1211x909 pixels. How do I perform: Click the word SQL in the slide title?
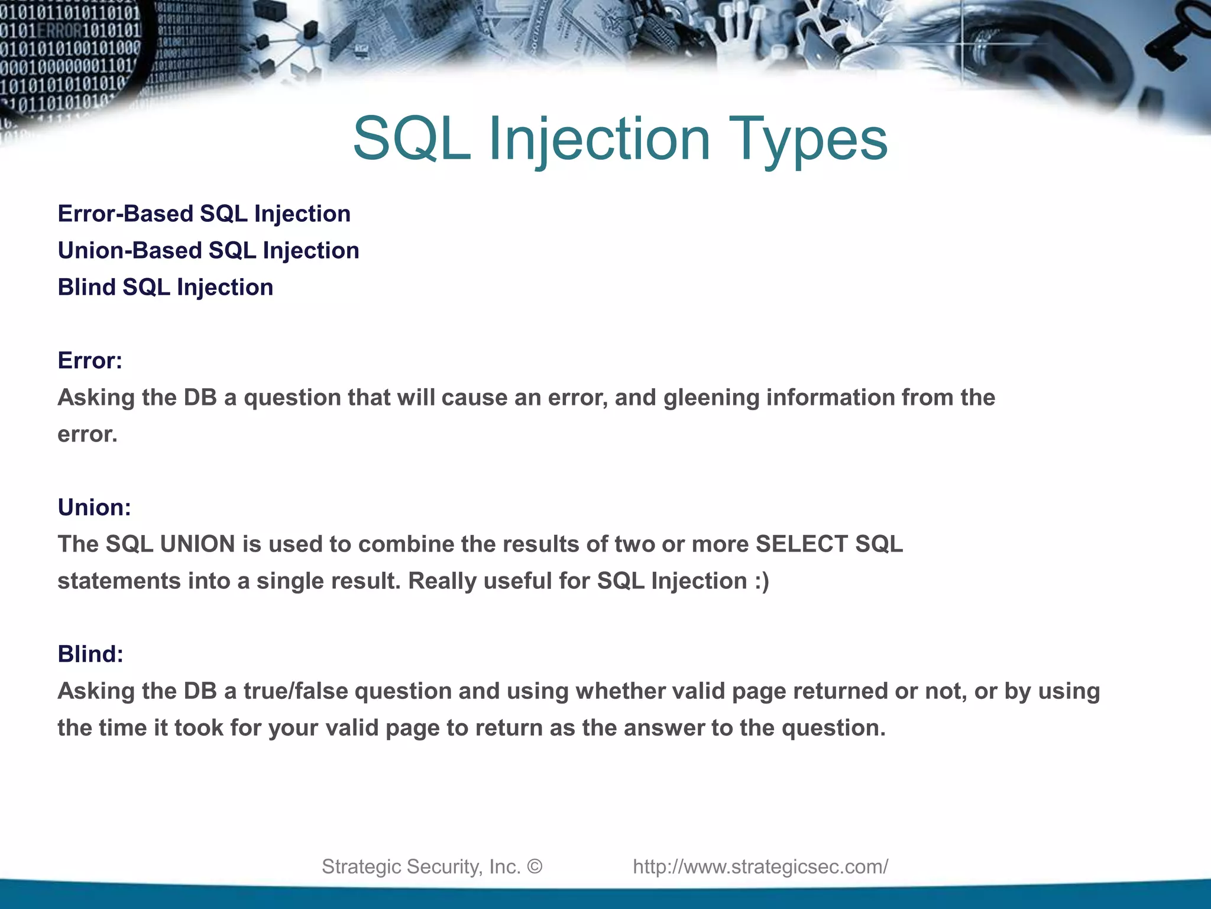click(412, 139)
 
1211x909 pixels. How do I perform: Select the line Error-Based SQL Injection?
click(204, 214)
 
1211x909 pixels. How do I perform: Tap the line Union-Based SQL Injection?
click(208, 250)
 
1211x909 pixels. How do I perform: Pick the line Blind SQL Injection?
click(165, 287)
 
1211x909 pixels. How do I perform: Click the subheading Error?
click(90, 360)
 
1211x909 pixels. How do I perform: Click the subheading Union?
click(94, 507)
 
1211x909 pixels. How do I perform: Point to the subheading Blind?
click(90, 654)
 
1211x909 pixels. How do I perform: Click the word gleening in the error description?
click(711, 398)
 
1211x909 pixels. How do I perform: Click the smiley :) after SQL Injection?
click(762, 581)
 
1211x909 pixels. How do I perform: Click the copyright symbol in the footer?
click(535, 866)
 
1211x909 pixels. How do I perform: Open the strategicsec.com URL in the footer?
click(760, 866)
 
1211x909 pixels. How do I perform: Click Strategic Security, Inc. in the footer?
click(420, 866)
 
